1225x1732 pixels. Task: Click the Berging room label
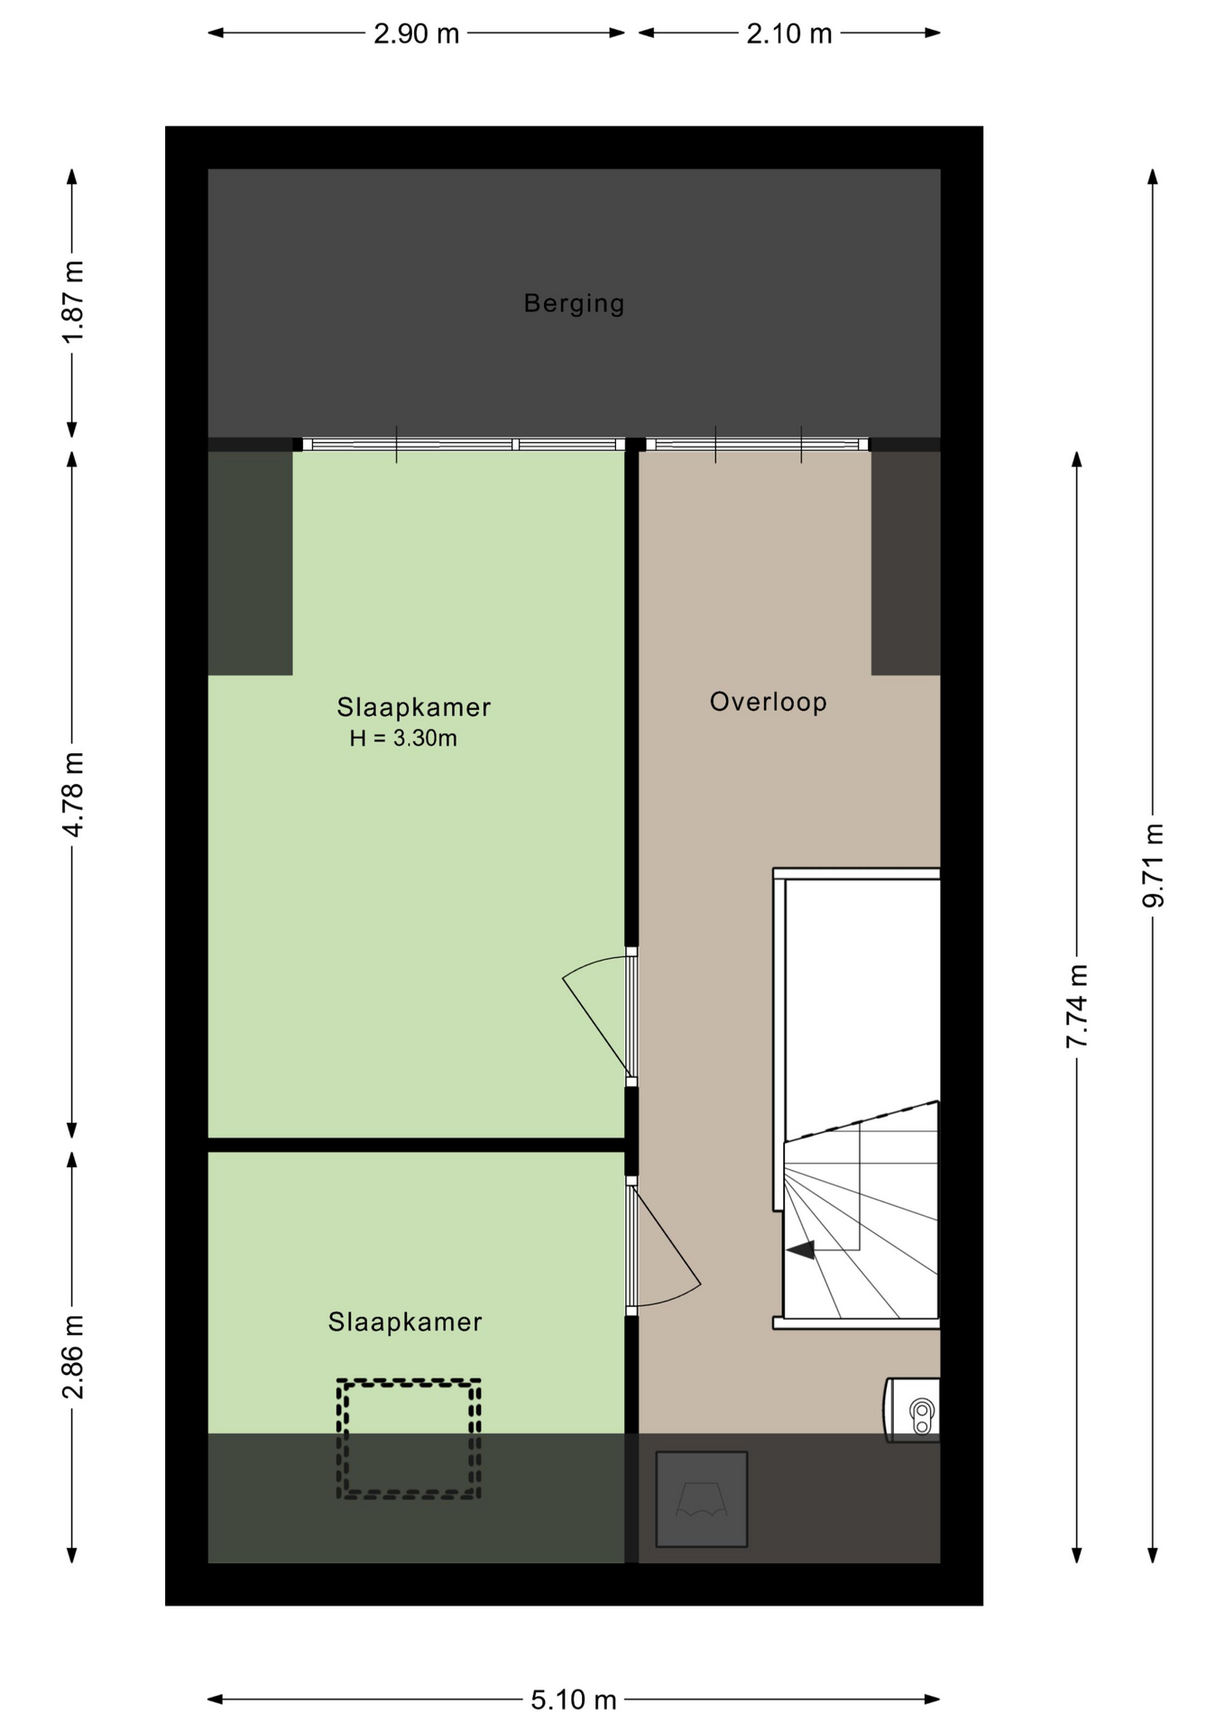574,303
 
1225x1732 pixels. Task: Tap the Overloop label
768,702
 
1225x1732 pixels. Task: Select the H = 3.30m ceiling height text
403,738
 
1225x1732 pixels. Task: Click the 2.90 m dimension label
417,33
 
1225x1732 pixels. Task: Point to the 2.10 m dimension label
789,33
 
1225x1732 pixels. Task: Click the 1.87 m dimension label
73,301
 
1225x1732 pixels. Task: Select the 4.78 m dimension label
73,794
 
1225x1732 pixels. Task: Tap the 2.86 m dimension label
73,1357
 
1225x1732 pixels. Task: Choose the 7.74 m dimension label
1077,1006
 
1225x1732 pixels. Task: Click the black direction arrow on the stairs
801,1249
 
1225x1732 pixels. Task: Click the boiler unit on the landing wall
913,1410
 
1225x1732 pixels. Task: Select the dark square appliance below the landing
702,1499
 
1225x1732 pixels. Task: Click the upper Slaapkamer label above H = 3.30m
414,707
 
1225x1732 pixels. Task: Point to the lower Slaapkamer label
405,1322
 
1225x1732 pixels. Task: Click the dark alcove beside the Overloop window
906,563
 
